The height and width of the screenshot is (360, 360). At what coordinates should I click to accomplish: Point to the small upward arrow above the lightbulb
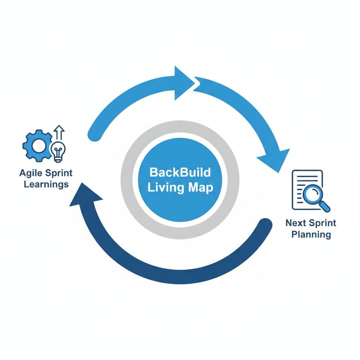click(60, 133)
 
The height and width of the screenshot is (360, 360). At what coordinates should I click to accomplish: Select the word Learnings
click(46, 184)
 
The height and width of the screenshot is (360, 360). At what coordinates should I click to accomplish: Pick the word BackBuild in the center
click(180, 173)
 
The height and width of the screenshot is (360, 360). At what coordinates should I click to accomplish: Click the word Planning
click(311, 234)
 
